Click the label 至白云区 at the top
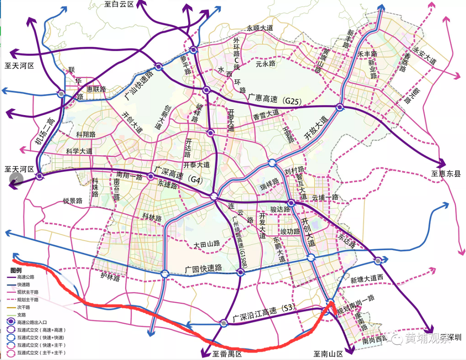point(119,4)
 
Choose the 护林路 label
point(110,278)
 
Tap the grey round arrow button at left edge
point(16,179)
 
